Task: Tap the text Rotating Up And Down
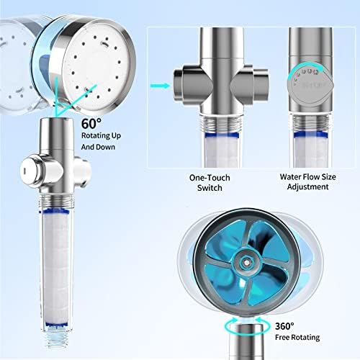pos(101,141)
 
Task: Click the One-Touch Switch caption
pos(210,183)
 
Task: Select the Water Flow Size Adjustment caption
pos(307,181)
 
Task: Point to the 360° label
pos(284,326)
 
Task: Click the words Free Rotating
pos(297,338)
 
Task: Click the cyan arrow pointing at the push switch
pos(160,86)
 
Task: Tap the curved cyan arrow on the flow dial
pos(303,70)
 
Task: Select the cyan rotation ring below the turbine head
pos(247,325)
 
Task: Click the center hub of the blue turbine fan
pos(246,261)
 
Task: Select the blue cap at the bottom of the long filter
pos(56,325)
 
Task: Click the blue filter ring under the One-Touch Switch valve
pos(222,135)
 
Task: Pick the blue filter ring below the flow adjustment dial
pos(311,135)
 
